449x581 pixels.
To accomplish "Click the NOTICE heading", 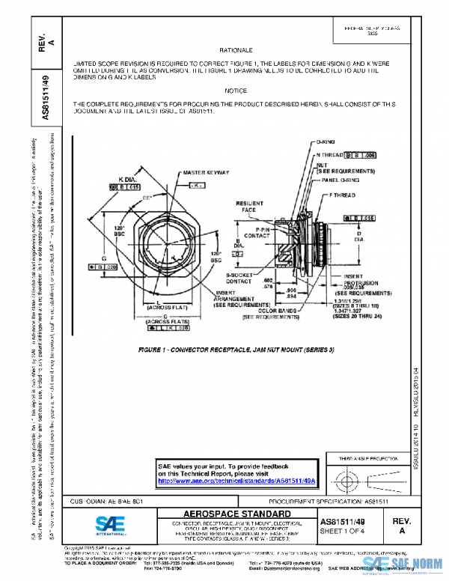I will [235, 91].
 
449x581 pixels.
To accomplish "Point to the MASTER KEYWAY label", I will [204, 173].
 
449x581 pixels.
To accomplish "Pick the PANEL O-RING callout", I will [336, 180].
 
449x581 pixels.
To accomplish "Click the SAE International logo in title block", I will [112, 524].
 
